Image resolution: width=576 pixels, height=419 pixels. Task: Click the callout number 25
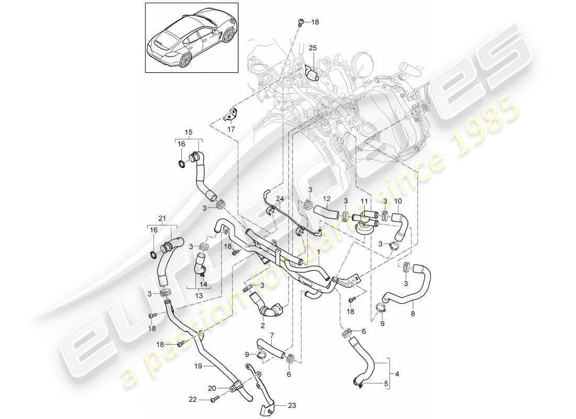313,49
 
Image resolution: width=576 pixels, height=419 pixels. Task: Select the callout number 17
231,129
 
